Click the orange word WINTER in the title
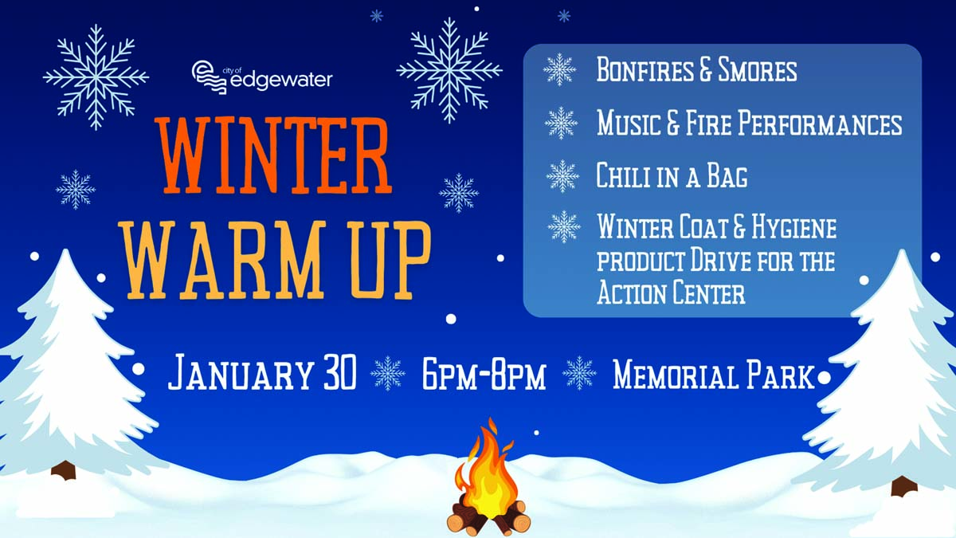[x=273, y=155]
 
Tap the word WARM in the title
[x=224, y=260]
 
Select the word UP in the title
[x=390, y=260]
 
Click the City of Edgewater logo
[x=261, y=77]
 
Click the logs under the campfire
[x=488, y=518]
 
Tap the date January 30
[x=262, y=372]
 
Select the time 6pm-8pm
[x=484, y=375]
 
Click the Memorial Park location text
[x=714, y=374]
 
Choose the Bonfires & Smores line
[x=696, y=69]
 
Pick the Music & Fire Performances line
[x=750, y=123]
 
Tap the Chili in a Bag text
[x=672, y=175]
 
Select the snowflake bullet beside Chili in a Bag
[x=562, y=176]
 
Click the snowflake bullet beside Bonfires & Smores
[x=559, y=69]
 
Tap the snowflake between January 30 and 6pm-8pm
[x=387, y=373]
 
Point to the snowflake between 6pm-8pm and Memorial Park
[x=579, y=373]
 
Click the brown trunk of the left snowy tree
[x=64, y=470]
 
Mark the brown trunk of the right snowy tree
[x=904, y=486]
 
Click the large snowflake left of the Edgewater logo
[x=96, y=77]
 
